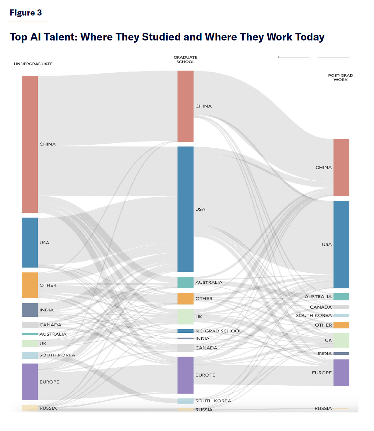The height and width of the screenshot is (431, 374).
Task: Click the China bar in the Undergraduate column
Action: point(30,144)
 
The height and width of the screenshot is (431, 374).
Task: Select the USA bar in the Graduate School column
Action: point(185,209)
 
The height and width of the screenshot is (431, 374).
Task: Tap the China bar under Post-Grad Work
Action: point(341,167)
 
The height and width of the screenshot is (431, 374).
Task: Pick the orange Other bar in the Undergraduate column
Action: point(30,285)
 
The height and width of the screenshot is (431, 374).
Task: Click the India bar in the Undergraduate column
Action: point(30,310)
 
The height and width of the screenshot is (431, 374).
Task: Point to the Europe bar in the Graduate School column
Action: point(185,375)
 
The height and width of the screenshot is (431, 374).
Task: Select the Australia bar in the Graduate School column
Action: point(185,282)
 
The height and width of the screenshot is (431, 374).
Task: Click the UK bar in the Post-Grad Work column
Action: point(341,340)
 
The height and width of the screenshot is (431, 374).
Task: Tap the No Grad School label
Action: point(218,331)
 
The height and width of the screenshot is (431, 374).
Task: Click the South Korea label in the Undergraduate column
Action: point(57,355)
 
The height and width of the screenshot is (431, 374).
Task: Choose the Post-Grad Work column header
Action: point(340,78)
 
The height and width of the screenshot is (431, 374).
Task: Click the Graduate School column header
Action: point(185,60)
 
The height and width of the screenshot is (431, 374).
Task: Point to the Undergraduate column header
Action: point(33,64)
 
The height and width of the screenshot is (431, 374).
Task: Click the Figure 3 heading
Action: point(26,13)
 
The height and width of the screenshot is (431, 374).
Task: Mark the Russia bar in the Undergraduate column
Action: point(30,408)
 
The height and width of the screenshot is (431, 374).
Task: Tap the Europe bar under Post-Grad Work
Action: point(341,373)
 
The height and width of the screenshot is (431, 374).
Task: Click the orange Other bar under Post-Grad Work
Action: point(341,325)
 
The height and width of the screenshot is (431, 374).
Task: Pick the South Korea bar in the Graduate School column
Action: point(185,401)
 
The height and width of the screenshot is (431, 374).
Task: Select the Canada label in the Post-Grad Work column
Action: point(321,307)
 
